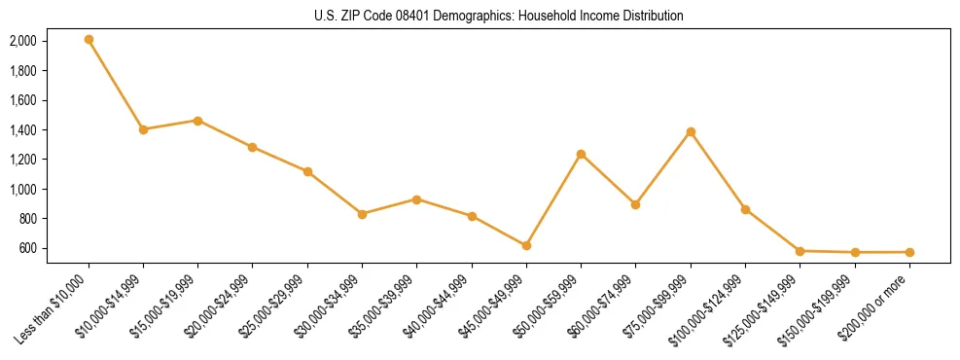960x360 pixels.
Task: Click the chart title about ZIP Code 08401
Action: click(499, 16)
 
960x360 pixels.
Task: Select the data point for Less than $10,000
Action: click(89, 40)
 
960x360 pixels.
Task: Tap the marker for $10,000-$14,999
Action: click(143, 129)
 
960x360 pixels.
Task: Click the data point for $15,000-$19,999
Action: click(197, 121)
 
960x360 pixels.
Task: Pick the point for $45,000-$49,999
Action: click(526, 245)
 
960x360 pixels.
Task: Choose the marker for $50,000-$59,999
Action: click(581, 154)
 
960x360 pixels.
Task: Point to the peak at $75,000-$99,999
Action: click(691, 131)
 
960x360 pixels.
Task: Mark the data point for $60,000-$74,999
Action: click(635, 204)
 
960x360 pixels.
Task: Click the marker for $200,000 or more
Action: click(909, 252)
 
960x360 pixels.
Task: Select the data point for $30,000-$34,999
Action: click(362, 214)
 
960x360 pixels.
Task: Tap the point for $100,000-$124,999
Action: click(745, 209)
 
